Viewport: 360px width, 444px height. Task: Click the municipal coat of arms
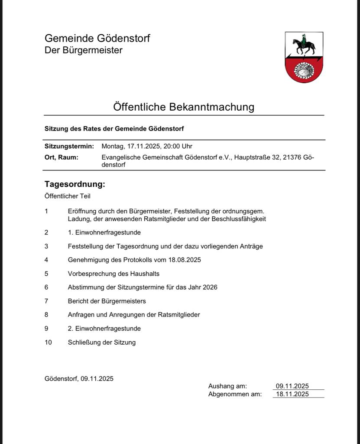tap(304, 57)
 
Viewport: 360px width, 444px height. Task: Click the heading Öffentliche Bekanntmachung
tap(184, 107)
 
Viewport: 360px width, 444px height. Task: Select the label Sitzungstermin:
tap(69, 147)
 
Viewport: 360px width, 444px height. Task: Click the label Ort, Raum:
tap(62, 157)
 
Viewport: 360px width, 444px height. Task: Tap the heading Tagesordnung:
tap(75, 184)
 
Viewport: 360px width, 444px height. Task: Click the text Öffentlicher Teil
tap(68, 196)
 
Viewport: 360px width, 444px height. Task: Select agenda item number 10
tap(48, 343)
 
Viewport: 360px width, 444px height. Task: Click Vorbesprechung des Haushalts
tap(114, 274)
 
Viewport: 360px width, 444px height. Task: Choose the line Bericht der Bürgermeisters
tap(107, 301)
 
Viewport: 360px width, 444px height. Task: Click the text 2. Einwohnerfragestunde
tap(104, 329)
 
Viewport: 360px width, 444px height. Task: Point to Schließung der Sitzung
tap(102, 343)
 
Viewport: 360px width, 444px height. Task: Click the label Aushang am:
tap(227, 386)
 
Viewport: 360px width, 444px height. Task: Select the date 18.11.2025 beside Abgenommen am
tap(292, 394)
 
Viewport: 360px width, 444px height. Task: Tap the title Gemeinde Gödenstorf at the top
tap(97, 38)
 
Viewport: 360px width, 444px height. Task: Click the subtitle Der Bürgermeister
tap(84, 50)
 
